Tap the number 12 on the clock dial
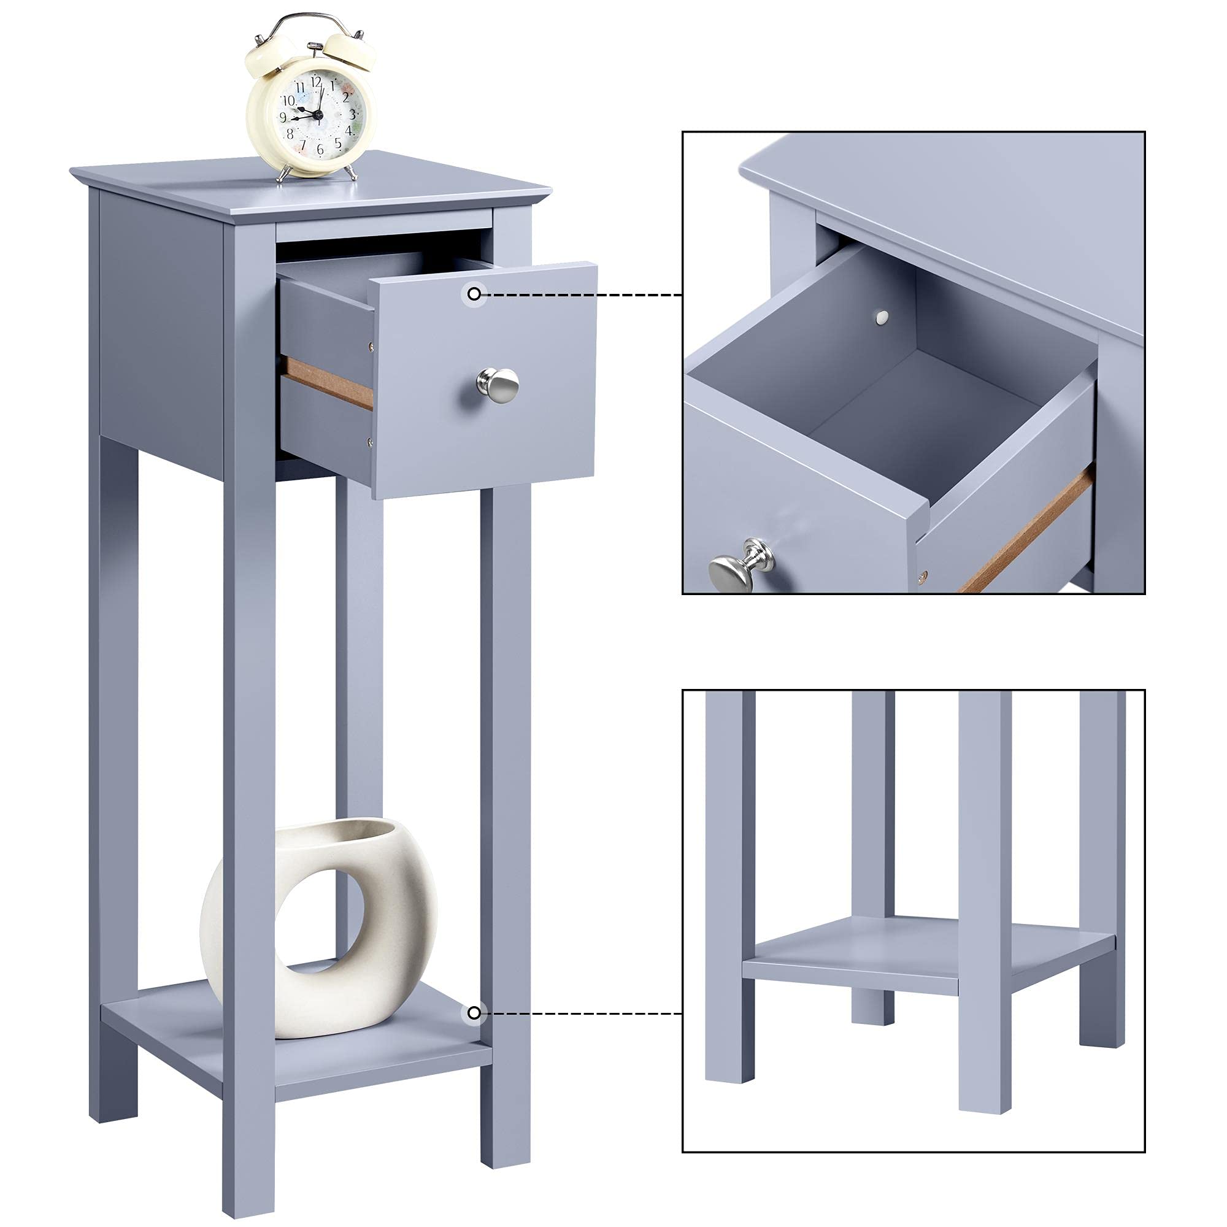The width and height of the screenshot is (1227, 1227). point(315,82)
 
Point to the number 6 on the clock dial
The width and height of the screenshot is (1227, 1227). point(320,150)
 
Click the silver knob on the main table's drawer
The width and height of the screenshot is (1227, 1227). point(499,384)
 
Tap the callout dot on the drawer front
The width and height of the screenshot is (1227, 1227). point(474,294)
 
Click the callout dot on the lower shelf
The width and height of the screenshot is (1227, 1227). point(474,1013)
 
